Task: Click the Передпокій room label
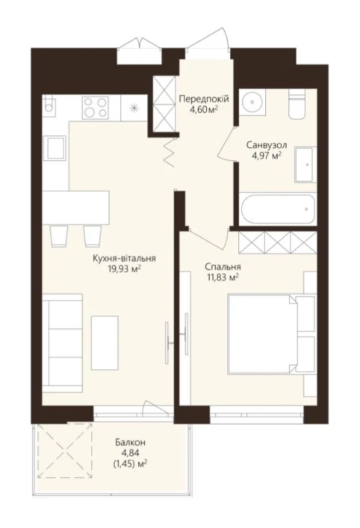[x=204, y=99]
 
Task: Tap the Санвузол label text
[x=267, y=146]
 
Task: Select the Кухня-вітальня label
[x=124, y=258]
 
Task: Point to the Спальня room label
[x=223, y=267]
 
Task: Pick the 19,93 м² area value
[x=122, y=269]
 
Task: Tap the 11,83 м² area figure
[x=222, y=278]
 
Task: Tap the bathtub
[x=278, y=209]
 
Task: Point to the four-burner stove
[x=96, y=107]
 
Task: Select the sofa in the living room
[x=63, y=343]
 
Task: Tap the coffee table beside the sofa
[x=104, y=343]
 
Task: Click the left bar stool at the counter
[x=59, y=236]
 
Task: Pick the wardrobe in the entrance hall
[x=164, y=104]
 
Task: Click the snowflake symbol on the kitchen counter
[x=134, y=107]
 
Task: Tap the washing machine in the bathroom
[x=306, y=165]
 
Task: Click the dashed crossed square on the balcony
[x=65, y=450]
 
